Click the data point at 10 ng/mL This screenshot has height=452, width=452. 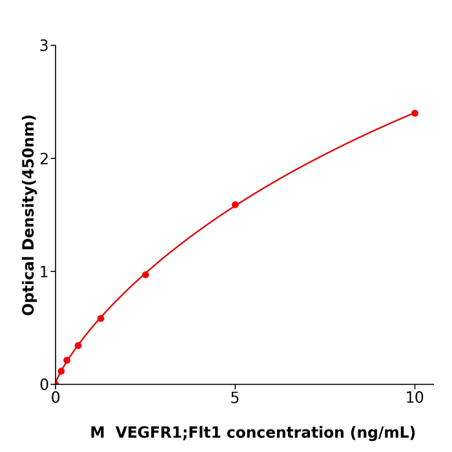click(x=415, y=113)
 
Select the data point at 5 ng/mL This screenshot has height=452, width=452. click(x=235, y=205)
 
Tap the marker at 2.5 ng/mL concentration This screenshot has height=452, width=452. click(x=145, y=274)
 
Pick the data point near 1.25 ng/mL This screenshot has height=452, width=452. click(x=101, y=318)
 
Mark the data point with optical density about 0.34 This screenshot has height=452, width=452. click(x=78, y=345)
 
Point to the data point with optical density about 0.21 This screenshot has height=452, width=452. click(x=67, y=360)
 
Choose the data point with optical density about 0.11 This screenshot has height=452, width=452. click(x=61, y=371)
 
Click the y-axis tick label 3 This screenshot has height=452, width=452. click(x=44, y=46)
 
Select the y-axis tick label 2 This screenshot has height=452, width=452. click(x=44, y=159)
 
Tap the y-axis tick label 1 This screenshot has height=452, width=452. click(x=44, y=272)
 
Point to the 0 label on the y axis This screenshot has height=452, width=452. click(x=44, y=385)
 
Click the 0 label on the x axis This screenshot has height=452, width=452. click(x=56, y=398)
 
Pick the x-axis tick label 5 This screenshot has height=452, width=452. click(x=235, y=398)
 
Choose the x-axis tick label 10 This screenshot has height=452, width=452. click(x=415, y=398)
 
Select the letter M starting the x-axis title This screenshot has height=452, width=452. click(x=97, y=433)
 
